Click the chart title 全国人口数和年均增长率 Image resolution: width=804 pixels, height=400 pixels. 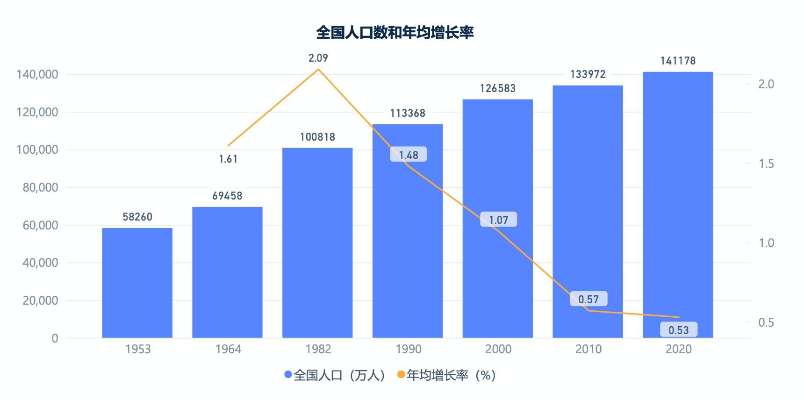pyautogui.click(x=395, y=32)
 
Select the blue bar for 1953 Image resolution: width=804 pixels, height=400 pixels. pyautogui.click(x=137, y=283)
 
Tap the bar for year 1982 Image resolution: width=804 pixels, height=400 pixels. pyautogui.click(x=317, y=243)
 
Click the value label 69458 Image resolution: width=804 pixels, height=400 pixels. pyautogui.click(x=228, y=196)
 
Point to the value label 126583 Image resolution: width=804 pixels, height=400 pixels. pyautogui.click(x=498, y=88)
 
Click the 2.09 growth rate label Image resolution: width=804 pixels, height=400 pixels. pyautogui.click(x=318, y=58)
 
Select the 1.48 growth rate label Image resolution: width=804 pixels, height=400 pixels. pyautogui.click(x=409, y=155)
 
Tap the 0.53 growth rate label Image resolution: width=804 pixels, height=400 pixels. pyautogui.click(x=679, y=330)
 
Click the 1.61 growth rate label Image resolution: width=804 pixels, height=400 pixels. pyautogui.click(x=228, y=159)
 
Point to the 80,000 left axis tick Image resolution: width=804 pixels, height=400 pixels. pyautogui.click(x=41, y=187)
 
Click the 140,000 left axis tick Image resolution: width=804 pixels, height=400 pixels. pyautogui.click(x=37, y=74)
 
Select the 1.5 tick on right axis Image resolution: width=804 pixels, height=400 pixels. pyautogui.click(x=766, y=164)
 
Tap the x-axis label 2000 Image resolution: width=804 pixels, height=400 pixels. pyautogui.click(x=498, y=349)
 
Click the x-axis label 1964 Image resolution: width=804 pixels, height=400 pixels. pyautogui.click(x=228, y=349)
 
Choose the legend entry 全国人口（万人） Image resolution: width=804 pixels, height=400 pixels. pyautogui.click(x=335, y=375)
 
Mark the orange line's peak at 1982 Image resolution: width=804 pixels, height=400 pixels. pyautogui.click(x=318, y=69)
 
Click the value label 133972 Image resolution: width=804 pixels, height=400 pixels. pyautogui.click(x=588, y=74)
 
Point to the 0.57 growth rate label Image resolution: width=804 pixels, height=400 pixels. pyautogui.click(x=589, y=299)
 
